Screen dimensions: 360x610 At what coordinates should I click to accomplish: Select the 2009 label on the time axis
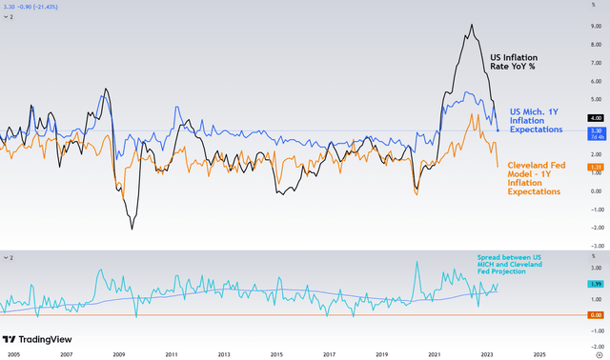119,352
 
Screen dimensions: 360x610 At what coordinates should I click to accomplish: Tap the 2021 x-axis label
434,352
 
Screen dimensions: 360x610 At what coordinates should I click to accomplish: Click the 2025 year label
539,352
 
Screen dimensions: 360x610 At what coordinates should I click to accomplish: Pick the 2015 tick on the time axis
276,352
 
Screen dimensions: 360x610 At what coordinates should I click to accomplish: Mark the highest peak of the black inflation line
474,25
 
